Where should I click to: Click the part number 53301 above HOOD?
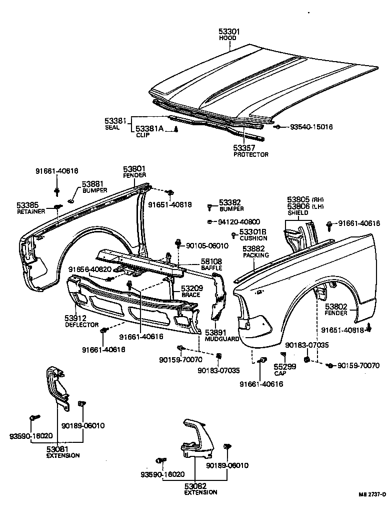(229, 31)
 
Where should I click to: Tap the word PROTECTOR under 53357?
(251, 155)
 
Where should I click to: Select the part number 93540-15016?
(311, 127)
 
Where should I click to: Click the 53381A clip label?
(149, 129)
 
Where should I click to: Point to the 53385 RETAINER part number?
(28, 205)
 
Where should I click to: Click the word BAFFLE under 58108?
(211, 268)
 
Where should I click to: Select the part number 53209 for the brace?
(191, 289)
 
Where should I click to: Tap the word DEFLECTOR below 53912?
(81, 325)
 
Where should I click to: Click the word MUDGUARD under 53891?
(218, 339)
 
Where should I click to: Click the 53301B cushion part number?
(252, 231)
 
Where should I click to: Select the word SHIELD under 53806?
(297, 213)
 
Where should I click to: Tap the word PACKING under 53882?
(255, 255)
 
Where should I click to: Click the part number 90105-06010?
(207, 245)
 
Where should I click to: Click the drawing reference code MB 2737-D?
(372, 508)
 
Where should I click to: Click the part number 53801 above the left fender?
(134, 169)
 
